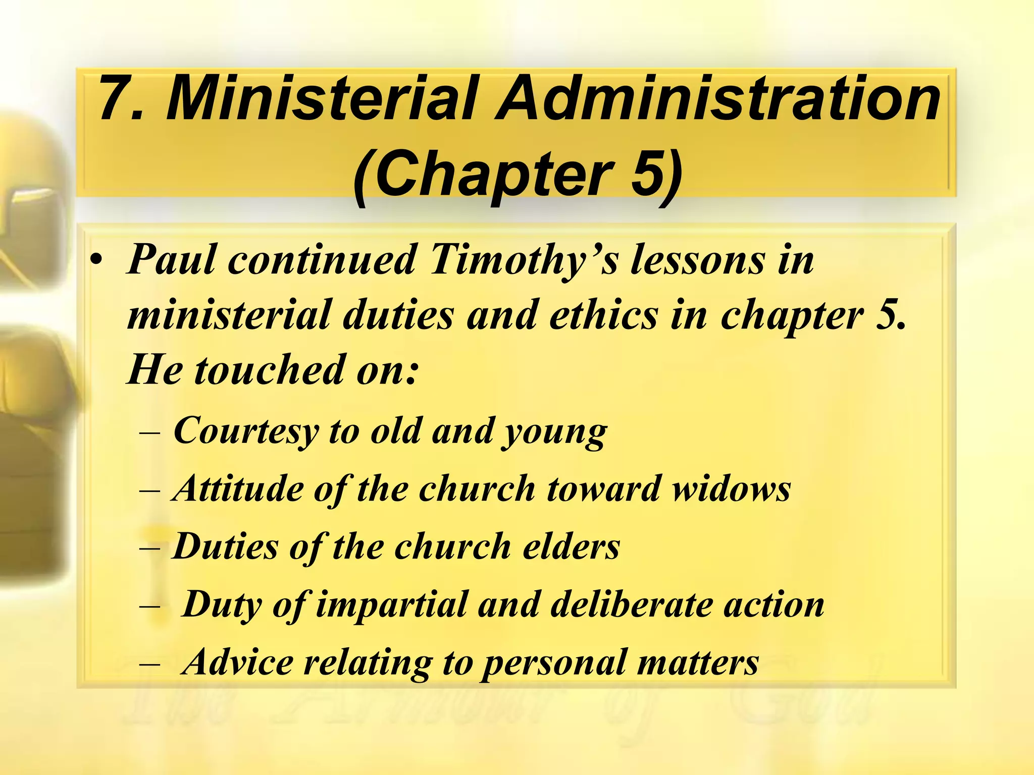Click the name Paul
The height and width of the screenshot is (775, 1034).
click(172, 259)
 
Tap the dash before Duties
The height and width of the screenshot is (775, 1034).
click(149, 547)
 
